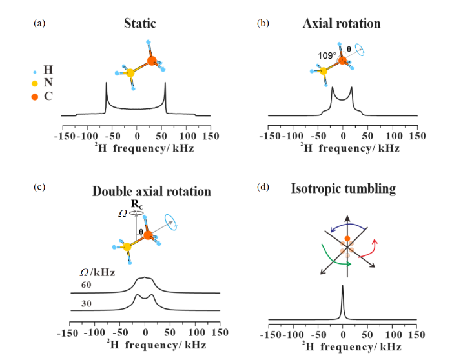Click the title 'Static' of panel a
[x=140, y=23]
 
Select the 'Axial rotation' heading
[x=342, y=23]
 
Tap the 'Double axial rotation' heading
[x=152, y=192]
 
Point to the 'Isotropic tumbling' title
[x=344, y=189]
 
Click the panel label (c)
[x=39, y=187]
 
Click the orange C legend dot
[x=35, y=97]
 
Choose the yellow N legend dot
[x=35, y=83]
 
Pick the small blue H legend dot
[x=35, y=72]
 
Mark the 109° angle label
[x=327, y=55]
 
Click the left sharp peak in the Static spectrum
[x=107, y=83]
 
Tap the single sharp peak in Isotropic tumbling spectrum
[x=342, y=286]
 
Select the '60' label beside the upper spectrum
[x=86, y=285]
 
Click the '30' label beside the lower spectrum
[x=86, y=304]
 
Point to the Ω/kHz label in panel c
[x=98, y=272]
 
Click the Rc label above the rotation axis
[x=137, y=204]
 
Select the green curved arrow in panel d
[x=331, y=259]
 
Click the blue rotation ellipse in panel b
[x=360, y=50]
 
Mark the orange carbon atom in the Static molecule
[x=152, y=61]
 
